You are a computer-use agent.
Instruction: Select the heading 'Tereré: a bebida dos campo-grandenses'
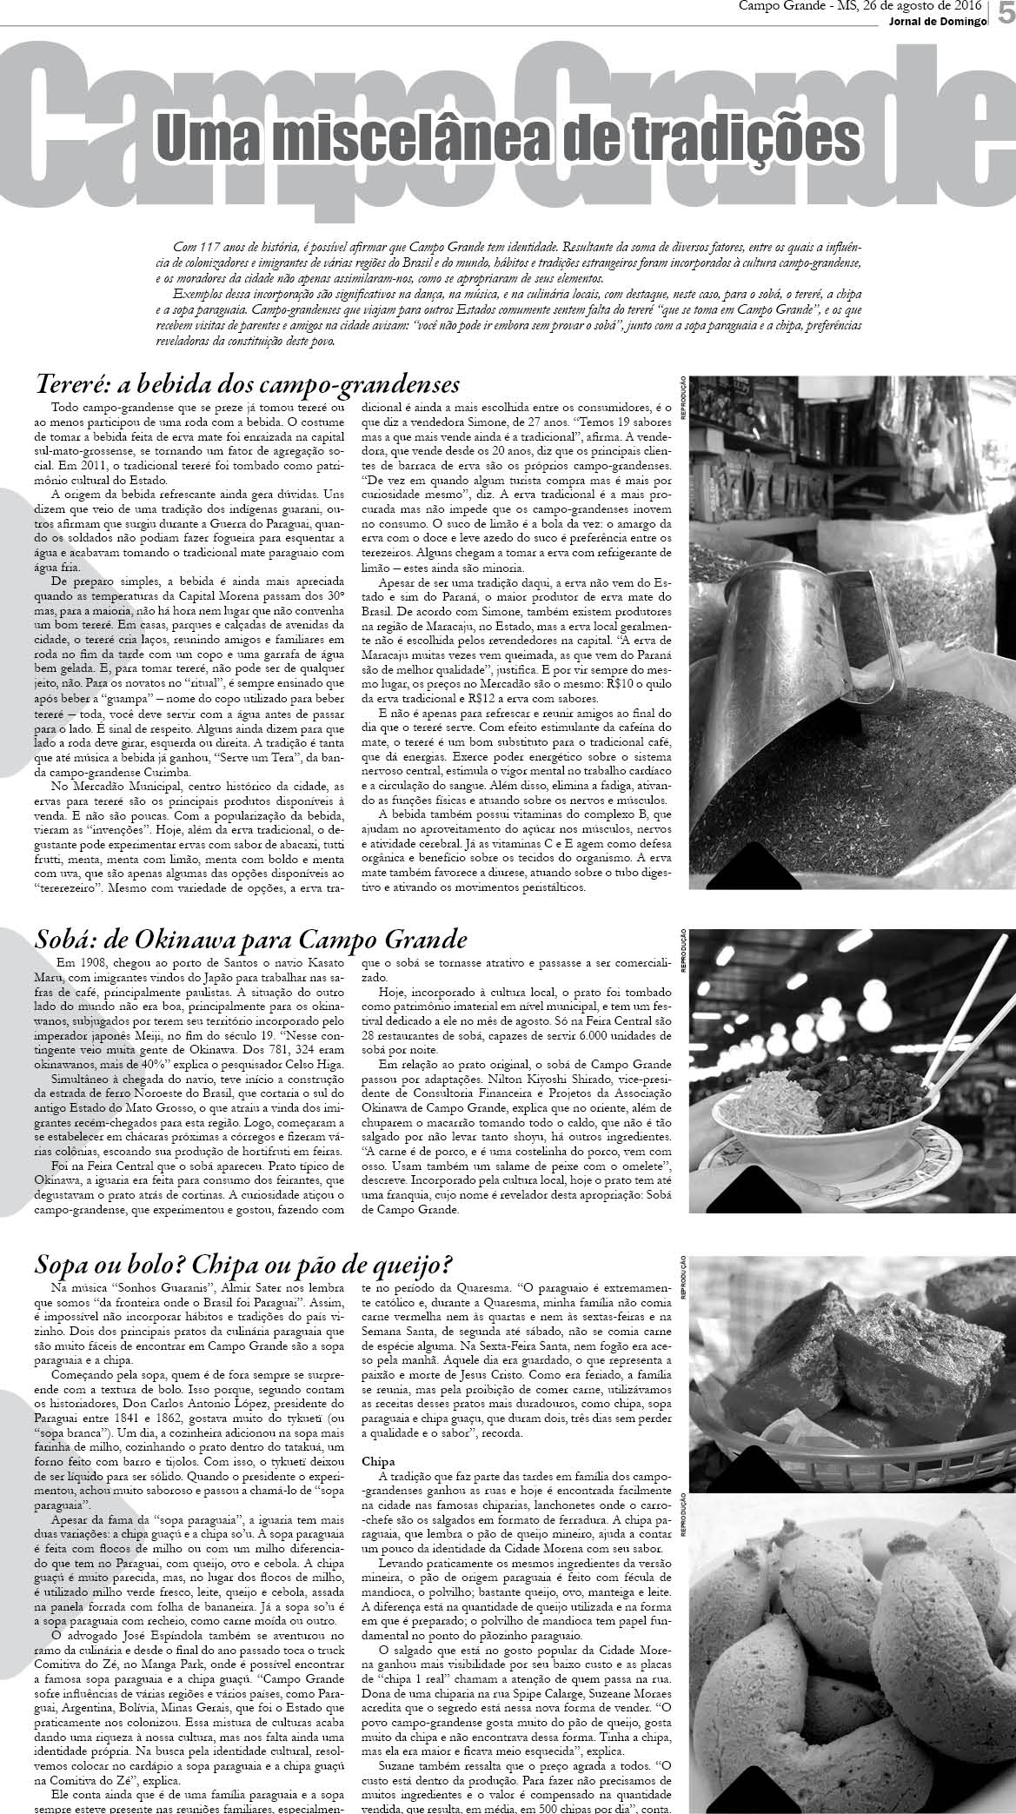click(247, 383)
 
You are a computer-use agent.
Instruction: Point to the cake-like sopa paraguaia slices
click(834, 1356)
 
